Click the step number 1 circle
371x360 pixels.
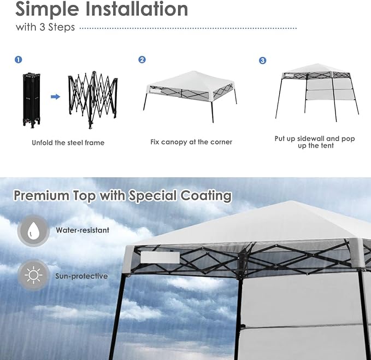[x=19, y=60]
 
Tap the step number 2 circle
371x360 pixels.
[x=142, y=60]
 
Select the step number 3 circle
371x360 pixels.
[x=262, y=60]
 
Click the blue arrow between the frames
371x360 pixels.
[x=55, y=97]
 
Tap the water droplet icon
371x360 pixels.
[x=34, y=230]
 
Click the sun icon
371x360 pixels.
[x=34, y=275]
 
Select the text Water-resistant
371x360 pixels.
[x=82, y=230]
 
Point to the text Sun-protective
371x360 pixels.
[x=81, y=276]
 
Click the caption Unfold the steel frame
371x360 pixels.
[x=68, y=143]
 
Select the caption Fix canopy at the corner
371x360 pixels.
[x=191, y=142]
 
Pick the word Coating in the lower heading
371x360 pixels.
[x=206, y=196]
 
